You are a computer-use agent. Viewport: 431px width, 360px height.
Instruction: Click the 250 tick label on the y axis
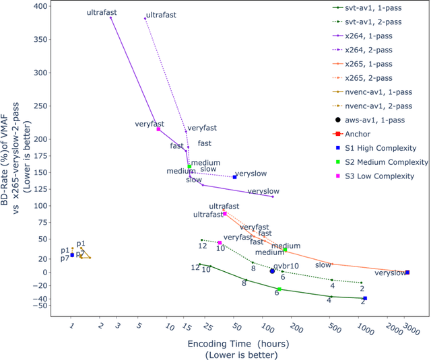click(41, 106)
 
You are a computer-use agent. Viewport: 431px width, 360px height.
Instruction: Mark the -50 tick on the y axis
click(41, 305)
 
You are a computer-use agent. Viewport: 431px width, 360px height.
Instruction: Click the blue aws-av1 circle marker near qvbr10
click(272, 271)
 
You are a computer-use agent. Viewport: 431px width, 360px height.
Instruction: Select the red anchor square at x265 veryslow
click(407, 273)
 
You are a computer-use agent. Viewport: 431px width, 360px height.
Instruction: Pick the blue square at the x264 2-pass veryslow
click(234, 177)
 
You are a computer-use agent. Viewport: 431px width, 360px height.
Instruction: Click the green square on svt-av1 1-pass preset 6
click(279, 289)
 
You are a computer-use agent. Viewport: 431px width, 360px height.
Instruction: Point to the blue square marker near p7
click(72, 255)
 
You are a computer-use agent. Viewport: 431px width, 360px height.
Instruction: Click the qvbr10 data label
click(286, 266)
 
